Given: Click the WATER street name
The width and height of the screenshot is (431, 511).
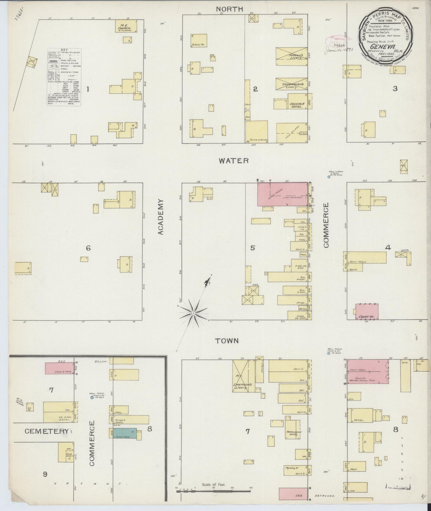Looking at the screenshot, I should pos(234,161).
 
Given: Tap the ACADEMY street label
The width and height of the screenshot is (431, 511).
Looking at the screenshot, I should pos(161,217).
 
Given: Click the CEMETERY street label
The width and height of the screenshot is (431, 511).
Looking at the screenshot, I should pos(47,431).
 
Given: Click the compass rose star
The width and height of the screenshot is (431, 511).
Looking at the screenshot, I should pos(194,313).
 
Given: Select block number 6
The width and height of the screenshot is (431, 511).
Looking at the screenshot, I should pos(88,248).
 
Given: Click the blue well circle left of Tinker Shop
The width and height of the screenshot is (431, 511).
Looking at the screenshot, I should pos(92,397).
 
